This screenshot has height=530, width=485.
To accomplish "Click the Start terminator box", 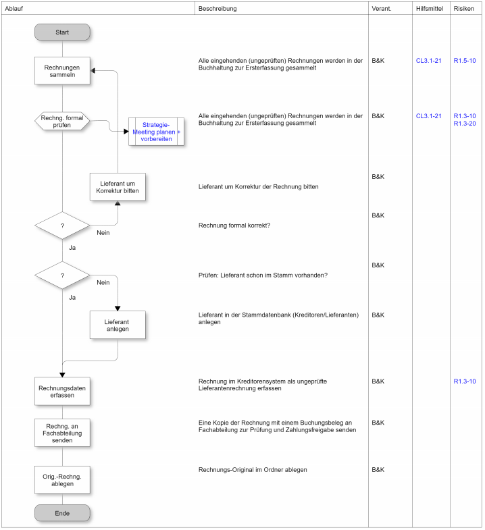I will pyautogui.click(x=62, y=32).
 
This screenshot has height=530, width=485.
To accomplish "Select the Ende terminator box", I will pyautogui.click(x=62, y=513).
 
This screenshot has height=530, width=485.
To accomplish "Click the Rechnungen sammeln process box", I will pyautogui.click(x=62, y=71).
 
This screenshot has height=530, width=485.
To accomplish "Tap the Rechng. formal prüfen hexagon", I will pyautogui.click(x=62, y=121).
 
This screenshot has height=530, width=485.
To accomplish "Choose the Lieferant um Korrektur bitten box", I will pyautogui.click(x=118, y=187).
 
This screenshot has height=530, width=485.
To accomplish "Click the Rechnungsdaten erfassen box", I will pyautogui.click(x=62, y=392).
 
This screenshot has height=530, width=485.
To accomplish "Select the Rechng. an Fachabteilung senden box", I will pyautogui.click(x=62, y=432).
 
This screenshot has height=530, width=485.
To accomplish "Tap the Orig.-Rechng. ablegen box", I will pyautogui.click(x=62, y=480).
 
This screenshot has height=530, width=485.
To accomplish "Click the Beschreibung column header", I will pyautogui.click(x=218, y=8).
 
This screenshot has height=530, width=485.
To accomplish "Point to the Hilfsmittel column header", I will pyautogui.click(x=430, y=8).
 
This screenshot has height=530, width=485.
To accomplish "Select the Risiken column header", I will pyautogui.click(x=465, y=8).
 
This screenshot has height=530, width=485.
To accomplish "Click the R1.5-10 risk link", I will pyautogui.click(x=465, y=61).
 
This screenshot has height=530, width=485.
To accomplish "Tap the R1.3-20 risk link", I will pyautogui.click(x=465, y=124).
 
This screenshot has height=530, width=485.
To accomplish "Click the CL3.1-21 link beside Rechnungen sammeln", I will pyautogui.click(x=429, y=61).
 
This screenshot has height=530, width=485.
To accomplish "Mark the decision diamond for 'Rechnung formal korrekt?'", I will pyautogui.click(x=62, y=226).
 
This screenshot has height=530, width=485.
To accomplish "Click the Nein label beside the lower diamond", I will pyautogui.click(x=103, y=283).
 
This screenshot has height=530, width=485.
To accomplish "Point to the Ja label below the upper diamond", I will pyautogui.click(x=72, y=248).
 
